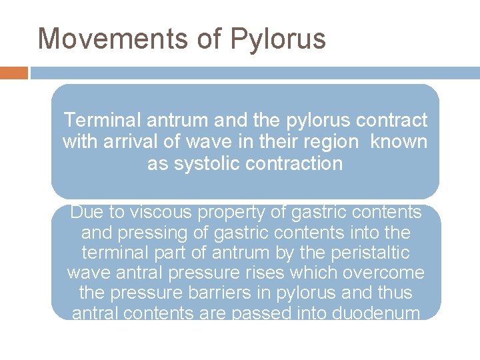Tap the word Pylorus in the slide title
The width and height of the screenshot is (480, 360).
tap(278, 39)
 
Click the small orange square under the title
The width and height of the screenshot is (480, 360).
tap(14, 73)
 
